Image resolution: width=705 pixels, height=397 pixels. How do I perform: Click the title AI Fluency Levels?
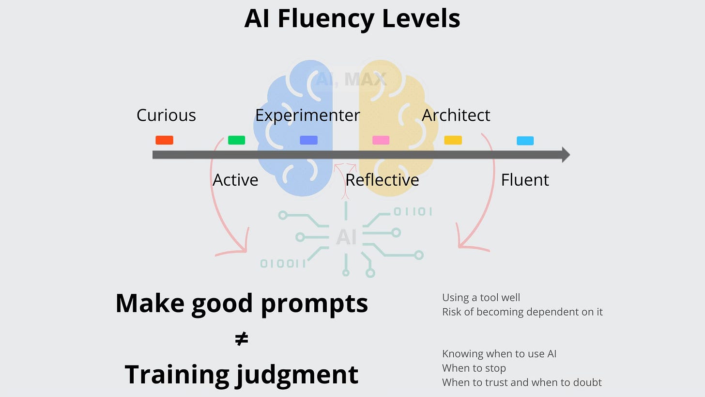point(352,18)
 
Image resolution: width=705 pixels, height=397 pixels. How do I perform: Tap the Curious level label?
point(166,115)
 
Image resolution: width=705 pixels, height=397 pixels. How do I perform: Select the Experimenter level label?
point(307,115)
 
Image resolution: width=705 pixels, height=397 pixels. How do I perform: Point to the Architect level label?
point(456,115)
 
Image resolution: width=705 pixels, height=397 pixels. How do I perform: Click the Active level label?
point(235,180)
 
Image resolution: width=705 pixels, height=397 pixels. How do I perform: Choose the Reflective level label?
point(382,180)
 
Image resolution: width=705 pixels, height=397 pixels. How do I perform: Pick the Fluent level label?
point(525,180)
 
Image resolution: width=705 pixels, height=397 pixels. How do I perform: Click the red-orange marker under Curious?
point(164,140)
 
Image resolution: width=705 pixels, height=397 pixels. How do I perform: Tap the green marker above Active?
point(236,140)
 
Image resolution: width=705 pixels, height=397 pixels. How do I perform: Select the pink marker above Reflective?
point(381,140)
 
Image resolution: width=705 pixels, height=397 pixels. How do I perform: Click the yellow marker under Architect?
point(453,140)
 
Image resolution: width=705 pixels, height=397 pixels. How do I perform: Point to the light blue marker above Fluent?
point(525,141)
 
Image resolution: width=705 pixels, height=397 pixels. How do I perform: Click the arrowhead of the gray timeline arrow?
point(565,155)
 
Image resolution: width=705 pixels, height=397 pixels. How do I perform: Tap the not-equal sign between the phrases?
point(241,339)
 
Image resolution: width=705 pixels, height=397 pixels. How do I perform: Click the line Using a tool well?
point(481,298)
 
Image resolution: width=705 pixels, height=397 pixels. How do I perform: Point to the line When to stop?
point(474,368)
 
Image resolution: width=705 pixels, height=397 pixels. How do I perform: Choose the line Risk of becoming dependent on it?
point(522,312)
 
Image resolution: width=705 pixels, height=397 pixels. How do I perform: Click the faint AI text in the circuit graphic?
point(346,237)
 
